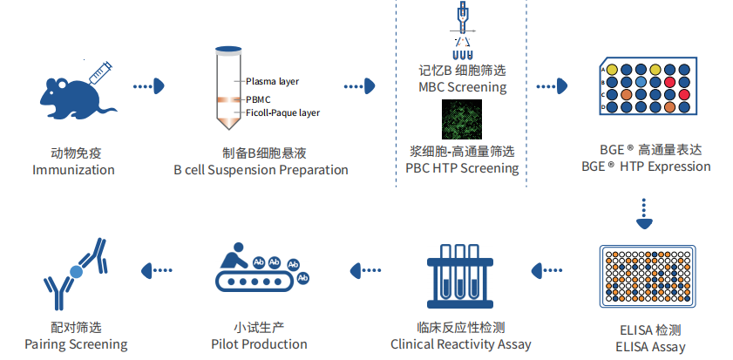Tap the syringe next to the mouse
[98, 70]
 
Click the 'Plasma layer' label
[272, 81]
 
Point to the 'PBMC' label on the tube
[258, 99]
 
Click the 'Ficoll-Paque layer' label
[282, 113]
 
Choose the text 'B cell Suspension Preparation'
[261, 170]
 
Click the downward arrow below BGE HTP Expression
[643, 215]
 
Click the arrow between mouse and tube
[149, 86]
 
